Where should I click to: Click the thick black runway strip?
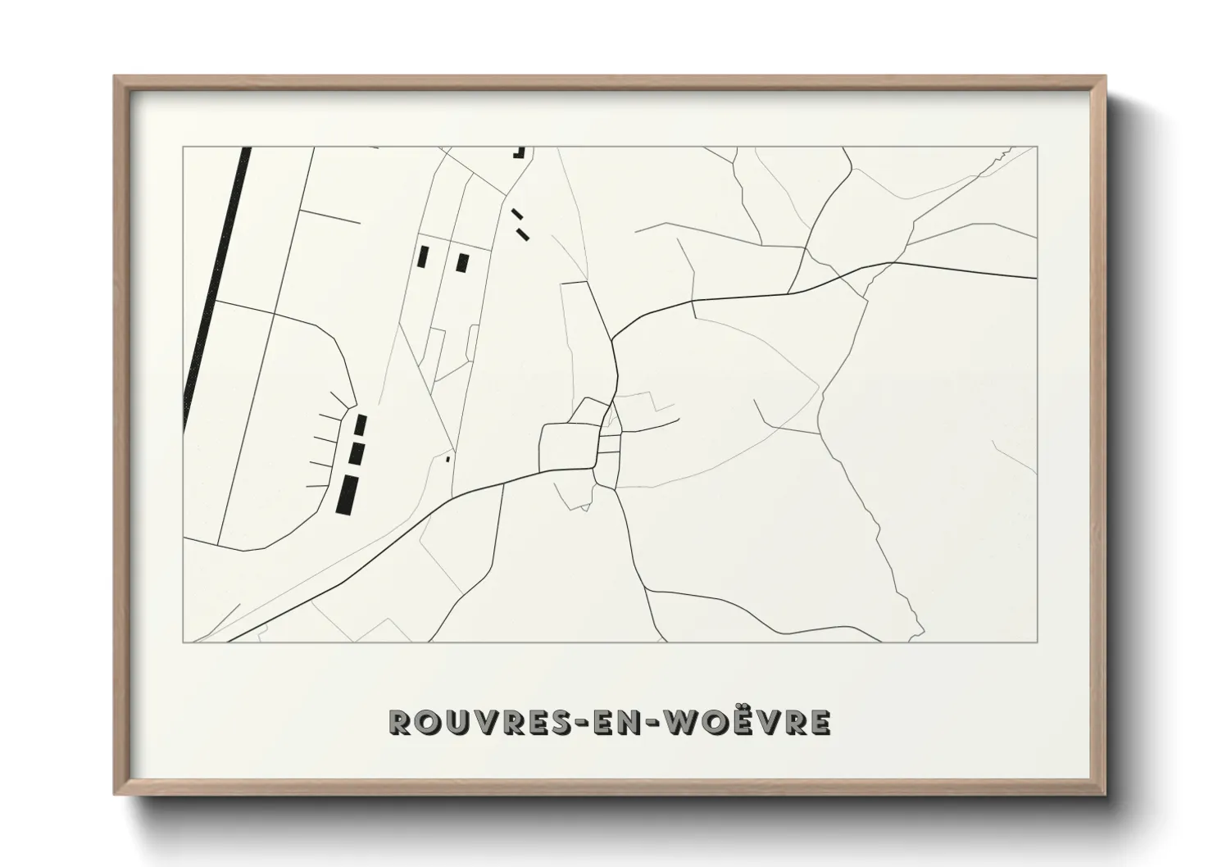click(x=216, y=287)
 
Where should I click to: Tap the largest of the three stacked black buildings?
click(x=348, y=494)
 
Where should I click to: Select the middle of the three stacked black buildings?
click(x=356, y=453)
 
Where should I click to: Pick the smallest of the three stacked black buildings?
click(x=360, y=425)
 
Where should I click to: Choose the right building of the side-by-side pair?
click(x=463, y=263)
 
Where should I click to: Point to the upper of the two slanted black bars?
click(x=516, y=214)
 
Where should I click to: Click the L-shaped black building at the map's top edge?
click(x=519, y=152)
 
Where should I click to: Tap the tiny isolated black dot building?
click(x=447, y=460)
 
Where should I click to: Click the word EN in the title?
click(x=626, y=722)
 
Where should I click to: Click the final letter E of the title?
click(x=822, y=722)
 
